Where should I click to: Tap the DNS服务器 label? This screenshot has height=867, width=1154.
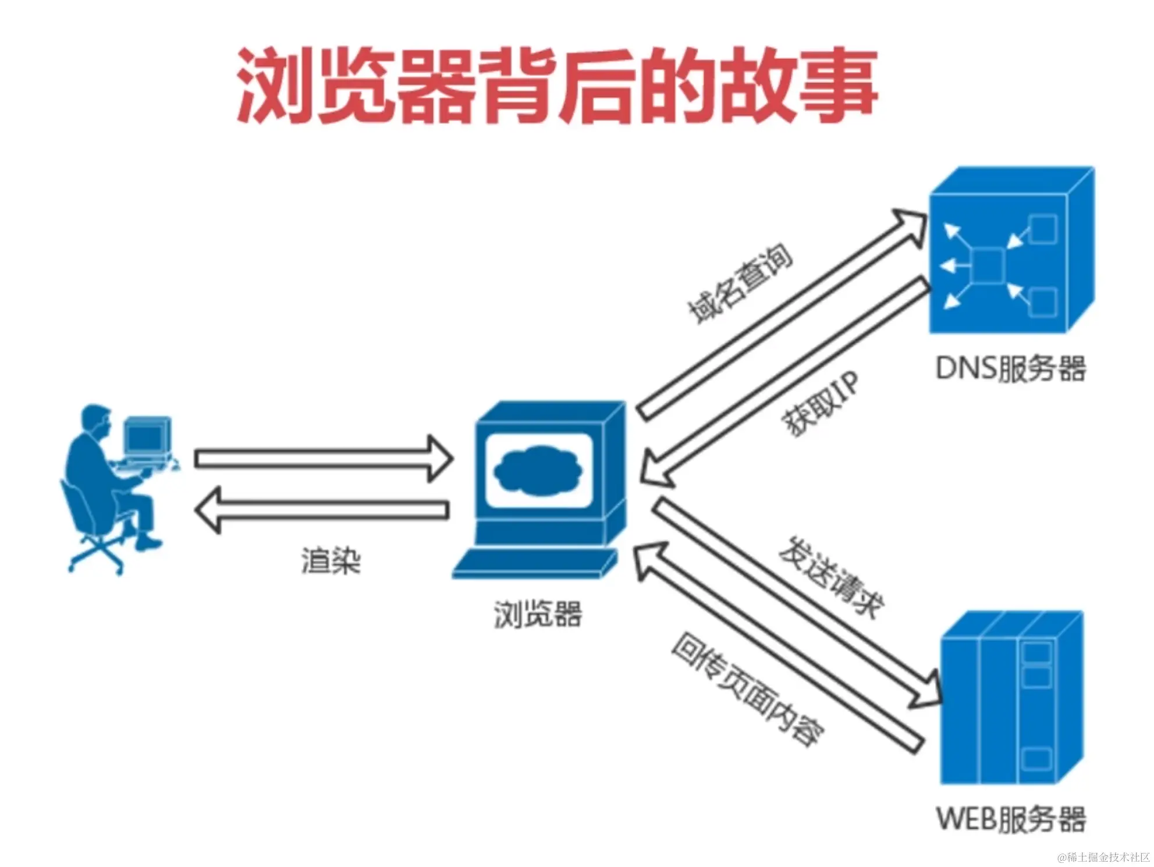click(1011, 369)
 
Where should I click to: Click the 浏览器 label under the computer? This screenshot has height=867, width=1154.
click(538, 614)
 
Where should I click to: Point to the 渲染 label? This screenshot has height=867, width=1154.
click(331, 562)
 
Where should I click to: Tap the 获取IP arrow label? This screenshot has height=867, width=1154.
click(821, 404)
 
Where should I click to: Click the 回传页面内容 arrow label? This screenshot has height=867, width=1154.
click(748, 690)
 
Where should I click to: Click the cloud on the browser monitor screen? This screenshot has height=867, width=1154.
click(538, 470)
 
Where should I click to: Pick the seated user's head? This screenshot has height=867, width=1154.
click(97, 419)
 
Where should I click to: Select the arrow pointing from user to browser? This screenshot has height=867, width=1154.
click(323, 459)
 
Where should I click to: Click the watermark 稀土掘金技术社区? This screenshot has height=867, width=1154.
click(1103, 857)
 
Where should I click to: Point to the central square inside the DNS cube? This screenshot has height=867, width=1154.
click(988, 266)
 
